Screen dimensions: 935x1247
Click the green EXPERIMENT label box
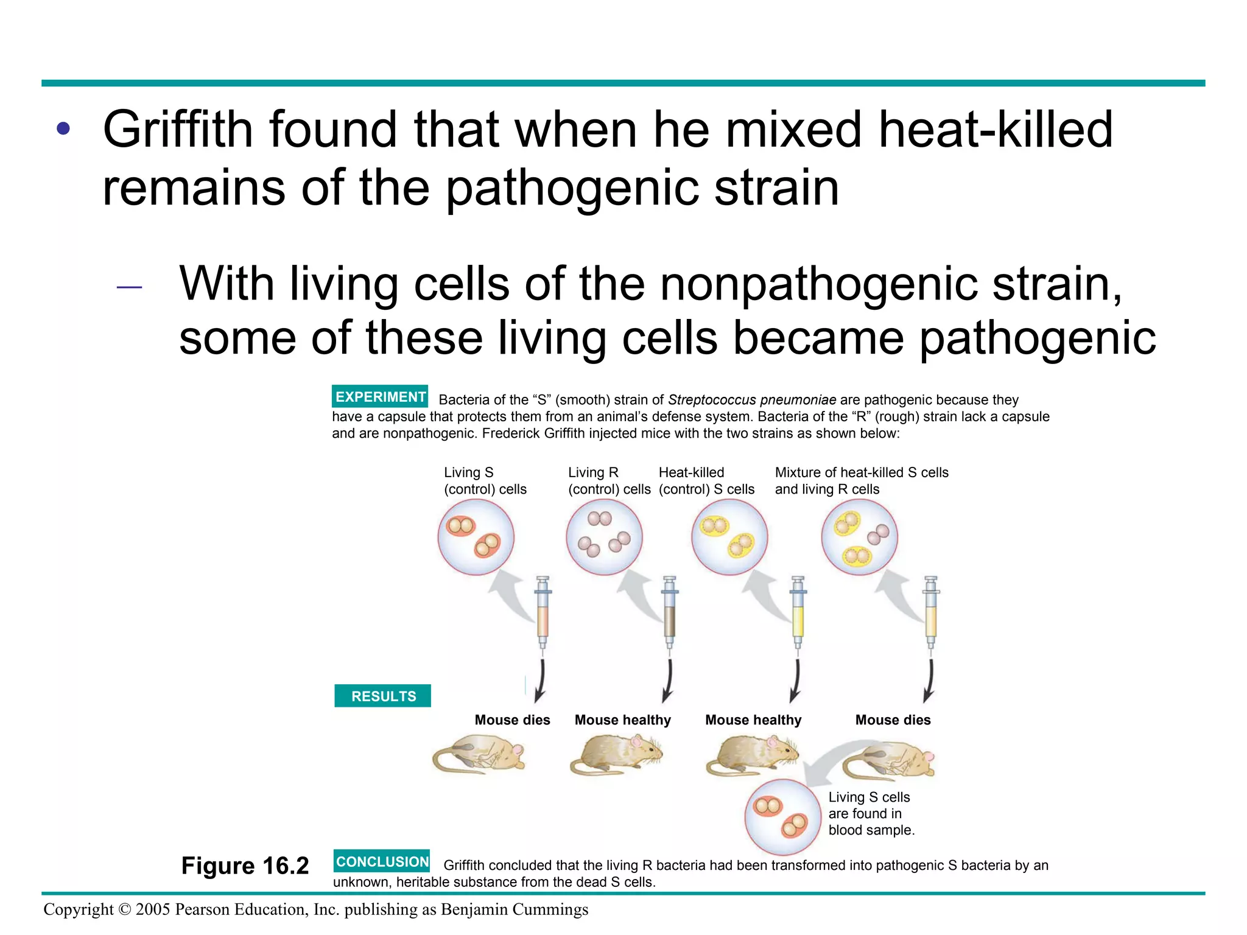coord(380,396)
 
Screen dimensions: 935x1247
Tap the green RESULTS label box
coord(383,696)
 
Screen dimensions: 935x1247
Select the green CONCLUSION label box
coord(382,861)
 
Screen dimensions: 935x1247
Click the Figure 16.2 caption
coord(245,866)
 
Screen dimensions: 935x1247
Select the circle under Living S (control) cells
coord(476,537)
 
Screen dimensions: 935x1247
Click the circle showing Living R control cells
coord(604,537)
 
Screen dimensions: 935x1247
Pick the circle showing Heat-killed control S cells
coord(729,537)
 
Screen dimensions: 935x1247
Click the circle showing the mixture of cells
coord(859,537)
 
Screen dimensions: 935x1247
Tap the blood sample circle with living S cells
coord(783,816)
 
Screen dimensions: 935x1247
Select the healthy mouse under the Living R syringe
coord(616,755)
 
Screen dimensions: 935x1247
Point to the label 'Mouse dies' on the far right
coord(893,720)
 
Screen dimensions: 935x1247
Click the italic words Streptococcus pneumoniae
coord(752,400)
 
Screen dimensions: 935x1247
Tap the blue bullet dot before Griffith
coord(63,128)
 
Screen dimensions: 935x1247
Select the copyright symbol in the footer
coord(124,909)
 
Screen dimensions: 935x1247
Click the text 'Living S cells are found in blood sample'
coord(871,814)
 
